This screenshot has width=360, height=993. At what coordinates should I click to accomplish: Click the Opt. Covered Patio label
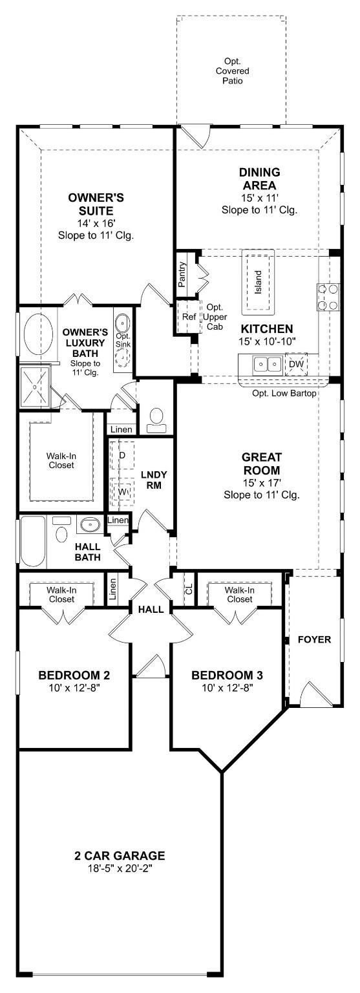pyautogui.click(x=232, y=71)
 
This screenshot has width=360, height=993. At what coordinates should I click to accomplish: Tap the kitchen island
pyautogui.click(x=258, y=281)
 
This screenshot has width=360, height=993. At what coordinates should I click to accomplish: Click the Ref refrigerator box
pyautogui.click(x=189, y=317)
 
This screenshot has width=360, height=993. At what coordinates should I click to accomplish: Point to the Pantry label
pyautogui.click(x=182, y=275)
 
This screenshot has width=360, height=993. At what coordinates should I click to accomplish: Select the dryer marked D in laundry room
pyautogui.click(x=122, y=455)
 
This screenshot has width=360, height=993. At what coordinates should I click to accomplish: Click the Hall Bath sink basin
pyautogui.click(x=90, y=525)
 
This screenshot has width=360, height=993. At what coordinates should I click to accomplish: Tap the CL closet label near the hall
pyautogui.click(x=189, y=589)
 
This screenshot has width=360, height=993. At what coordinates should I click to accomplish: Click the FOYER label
pyautogui.click(x=314, y=639)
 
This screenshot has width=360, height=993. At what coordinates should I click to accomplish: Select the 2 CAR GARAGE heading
pyautogui.click(x=120, y=855)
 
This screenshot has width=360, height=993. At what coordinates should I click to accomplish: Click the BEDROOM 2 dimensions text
pyautogui.click(x=74, y=688)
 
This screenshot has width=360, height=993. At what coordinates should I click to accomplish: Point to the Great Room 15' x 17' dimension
pyautogui.click(x=262, y=483)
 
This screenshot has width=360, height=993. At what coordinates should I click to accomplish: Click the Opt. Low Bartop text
pyautogui.click(x=284, y=393)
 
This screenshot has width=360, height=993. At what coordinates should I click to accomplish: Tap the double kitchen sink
pyautogui.click(x=268, y=365)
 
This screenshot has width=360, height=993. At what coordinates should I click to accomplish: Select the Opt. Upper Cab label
pyautogui.click(x=215, y=317)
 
